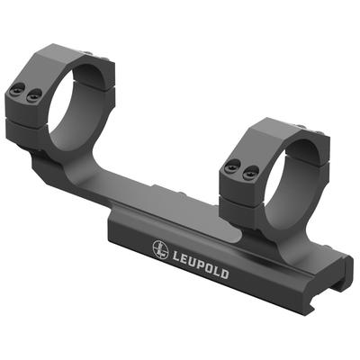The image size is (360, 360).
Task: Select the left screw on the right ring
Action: (x=232, y=166)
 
